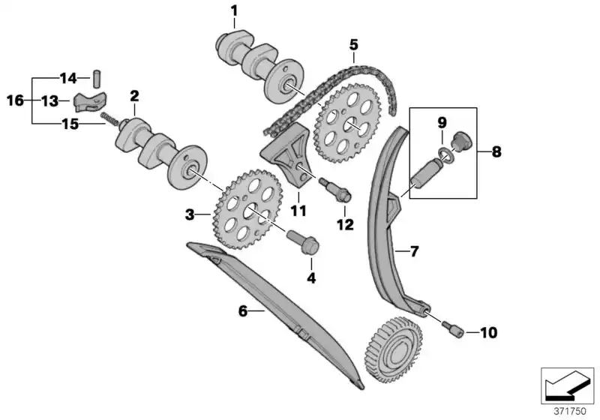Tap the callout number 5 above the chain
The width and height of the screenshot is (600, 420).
tap(353, 44)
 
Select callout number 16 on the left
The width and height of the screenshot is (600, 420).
tap(16, 100)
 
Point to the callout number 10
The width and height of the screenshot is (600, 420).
tap(487, 331)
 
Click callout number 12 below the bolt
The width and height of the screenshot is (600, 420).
tap(344, 223)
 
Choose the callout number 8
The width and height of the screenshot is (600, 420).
tap(496, 151)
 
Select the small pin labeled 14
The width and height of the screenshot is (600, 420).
tap(96, 77)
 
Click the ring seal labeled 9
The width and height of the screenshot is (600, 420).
tap(445, 154)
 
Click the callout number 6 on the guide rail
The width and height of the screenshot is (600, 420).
tap(243, 310)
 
